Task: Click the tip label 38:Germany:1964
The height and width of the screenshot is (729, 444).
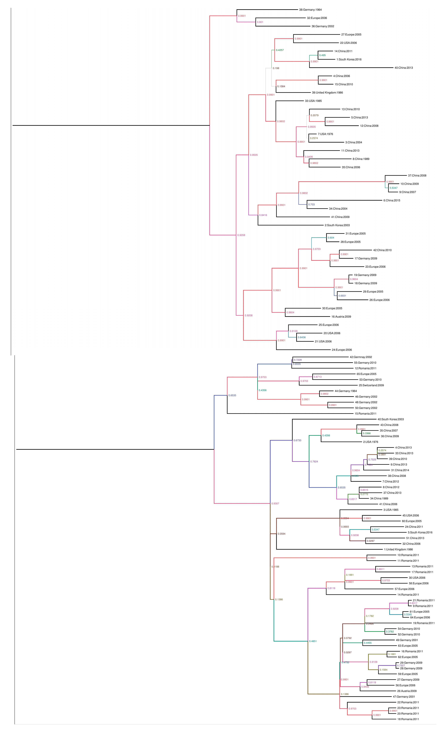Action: pyautogui.click(x=310, y=10)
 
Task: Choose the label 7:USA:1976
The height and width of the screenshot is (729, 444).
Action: pyautogui.click(x=325, y=134)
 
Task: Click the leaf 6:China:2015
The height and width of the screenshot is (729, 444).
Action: pyautogui.click(x=392, y=200)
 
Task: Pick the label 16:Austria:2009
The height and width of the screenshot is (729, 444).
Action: pyautogui.click(x=341, y=317)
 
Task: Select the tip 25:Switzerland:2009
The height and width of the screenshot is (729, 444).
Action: pyautogui.click(x=371, y=385)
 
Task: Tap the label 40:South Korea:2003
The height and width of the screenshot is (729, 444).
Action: pyautogui.click(x=390, y=419)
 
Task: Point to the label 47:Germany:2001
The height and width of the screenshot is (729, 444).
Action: pyautogui.click(x=404, y=697)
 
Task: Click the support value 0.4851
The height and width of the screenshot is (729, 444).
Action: pyautogui.click(x=313, y=641)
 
